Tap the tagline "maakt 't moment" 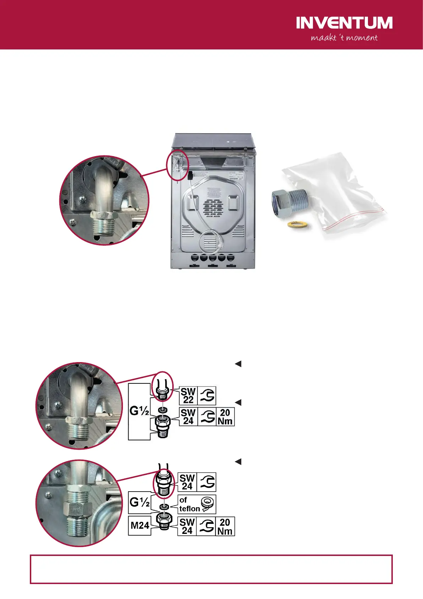click(344, 38)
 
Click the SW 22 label click(188, 396)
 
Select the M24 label click(140, 525)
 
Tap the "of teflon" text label click(189, 504)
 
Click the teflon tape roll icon click(208, 504)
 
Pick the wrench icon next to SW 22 click(207, 396)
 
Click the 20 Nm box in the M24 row click(225, 526)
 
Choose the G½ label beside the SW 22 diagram click(139, 411)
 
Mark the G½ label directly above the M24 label click(139, 502)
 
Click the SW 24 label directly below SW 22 click(188, 417)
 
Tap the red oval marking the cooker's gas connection click(177, 165)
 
